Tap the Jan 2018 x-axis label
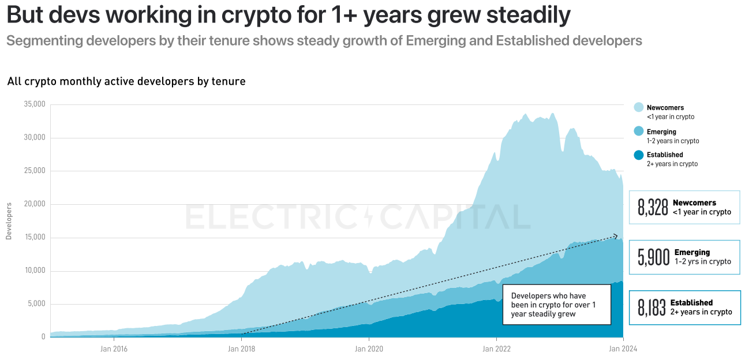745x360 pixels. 241,348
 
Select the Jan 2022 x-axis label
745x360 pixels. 496,348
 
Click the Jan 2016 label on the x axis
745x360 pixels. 114,348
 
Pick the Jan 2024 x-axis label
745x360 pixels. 623,348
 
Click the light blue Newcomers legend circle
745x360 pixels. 638,108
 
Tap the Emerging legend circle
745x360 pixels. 638,132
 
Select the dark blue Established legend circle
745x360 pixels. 638,155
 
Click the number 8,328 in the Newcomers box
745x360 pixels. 653,207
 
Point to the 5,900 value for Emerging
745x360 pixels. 653,257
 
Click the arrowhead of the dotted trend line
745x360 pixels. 616,236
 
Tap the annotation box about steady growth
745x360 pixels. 556,305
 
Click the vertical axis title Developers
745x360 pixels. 9,221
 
